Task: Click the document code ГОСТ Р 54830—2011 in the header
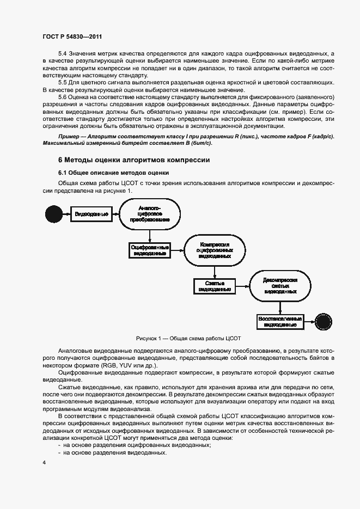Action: [x=72, y=37]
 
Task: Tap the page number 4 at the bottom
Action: [x=44, y=462]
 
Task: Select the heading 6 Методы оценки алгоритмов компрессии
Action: [x=133, y=160]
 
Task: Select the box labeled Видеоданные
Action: [x=92, y=214]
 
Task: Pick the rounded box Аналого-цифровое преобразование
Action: [x=149, y=214]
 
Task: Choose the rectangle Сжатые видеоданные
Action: [x=215, y=286]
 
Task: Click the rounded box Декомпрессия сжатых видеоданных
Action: [x=280, y=285]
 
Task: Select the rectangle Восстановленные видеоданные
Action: [x=280, y=321]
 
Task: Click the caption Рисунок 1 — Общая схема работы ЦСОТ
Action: [x=180, y=338]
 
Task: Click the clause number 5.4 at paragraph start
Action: [x=62, y=54]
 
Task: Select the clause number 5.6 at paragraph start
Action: [x=62, y=96]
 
